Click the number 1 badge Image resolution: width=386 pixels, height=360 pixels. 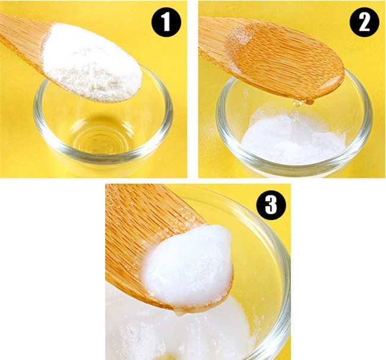pyautogui.click(x=166, y=23)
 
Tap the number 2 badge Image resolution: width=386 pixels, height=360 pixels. pyautogui.click(x=364, y=22)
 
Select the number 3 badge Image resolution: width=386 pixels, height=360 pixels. pyautogui.click(x=271, y=205)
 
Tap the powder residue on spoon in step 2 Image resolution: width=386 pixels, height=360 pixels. pyautogui.click(x=239, y=37)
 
